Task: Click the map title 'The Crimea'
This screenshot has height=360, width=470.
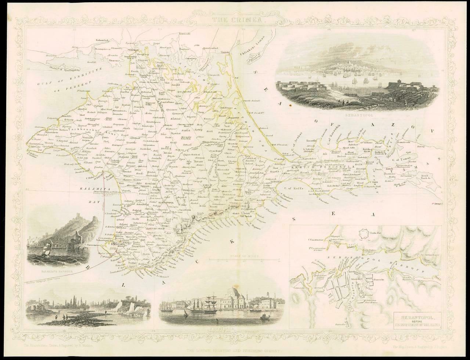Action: coord(235,21)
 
